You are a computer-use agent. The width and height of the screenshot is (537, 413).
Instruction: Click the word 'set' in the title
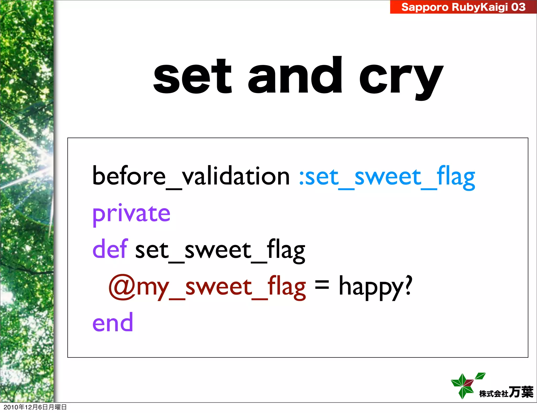192,77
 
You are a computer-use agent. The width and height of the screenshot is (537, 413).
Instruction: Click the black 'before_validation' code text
191,176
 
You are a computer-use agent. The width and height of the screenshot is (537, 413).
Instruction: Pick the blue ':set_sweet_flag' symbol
387,177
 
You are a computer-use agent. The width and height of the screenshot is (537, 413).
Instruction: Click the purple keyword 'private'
131,214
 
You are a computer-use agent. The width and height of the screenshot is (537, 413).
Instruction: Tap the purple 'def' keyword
110,249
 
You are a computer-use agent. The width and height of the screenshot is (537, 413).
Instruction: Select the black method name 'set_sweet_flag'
220,250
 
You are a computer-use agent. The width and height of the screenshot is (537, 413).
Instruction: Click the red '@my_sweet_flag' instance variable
207,287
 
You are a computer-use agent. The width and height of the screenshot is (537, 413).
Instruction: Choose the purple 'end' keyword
113,323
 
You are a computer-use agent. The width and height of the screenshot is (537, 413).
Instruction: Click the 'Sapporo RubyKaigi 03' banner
463,7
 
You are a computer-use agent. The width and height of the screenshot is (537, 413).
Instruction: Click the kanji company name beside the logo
506,393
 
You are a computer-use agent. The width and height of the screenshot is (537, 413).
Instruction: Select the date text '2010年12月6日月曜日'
35,407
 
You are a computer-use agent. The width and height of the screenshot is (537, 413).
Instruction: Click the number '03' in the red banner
518,7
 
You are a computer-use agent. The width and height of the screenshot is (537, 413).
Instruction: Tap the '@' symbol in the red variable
122,287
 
